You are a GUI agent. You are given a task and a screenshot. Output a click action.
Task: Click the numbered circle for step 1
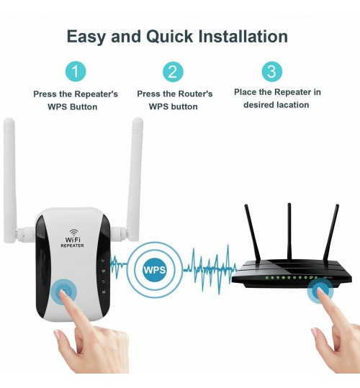(76, 72)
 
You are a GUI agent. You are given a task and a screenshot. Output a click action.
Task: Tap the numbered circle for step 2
(173, 72)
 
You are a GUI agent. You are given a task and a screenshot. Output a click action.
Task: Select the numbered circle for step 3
(272, 71)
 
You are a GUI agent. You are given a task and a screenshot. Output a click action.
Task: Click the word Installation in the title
(243, 37)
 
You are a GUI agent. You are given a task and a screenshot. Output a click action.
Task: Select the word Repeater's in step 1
(96, 94)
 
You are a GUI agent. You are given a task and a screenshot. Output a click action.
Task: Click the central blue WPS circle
(155, 269)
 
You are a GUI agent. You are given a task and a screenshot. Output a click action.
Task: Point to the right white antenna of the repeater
(135, 179)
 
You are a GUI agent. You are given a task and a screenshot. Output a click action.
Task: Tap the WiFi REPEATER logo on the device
(73, 238)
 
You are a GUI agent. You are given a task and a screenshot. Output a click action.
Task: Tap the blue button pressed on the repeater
(63, 293)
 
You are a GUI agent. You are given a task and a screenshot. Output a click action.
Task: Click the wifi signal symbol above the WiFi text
(73, 232)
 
